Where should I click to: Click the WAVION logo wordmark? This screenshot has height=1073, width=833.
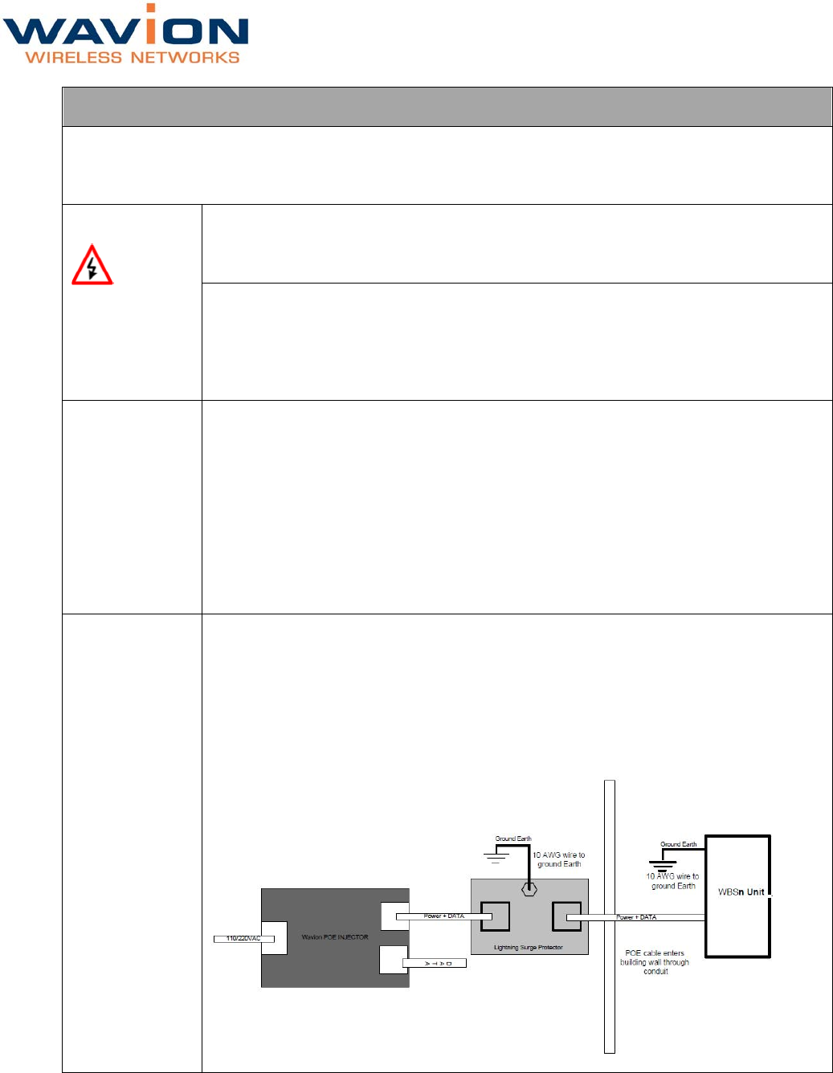click(125, 31)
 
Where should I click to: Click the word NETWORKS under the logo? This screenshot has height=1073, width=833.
click(185, 58)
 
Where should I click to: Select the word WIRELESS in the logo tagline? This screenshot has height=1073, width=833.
click(74, 58)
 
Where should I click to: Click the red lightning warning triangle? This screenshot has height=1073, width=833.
click(92, 266)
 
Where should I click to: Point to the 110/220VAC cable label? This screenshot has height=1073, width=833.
click(243, 938)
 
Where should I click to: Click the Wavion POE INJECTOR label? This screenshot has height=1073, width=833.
click(335, 937)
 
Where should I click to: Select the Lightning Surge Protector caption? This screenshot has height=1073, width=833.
click(528, 948)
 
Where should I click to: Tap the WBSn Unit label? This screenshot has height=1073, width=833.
click(741, 892)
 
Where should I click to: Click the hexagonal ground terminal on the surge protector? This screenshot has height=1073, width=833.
click(529, 889)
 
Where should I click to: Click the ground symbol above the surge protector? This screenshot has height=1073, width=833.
click(496, 856)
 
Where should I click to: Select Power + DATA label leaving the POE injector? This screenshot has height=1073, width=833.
click(443, 916)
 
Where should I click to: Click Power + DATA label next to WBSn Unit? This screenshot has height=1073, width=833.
click(636, 917)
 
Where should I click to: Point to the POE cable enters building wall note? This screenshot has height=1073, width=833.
click(655, 962)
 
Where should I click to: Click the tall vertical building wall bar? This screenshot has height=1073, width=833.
click(610, 916)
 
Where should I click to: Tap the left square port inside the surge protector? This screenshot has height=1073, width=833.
click(495, 916)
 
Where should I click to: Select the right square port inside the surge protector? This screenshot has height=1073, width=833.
click(566, 916)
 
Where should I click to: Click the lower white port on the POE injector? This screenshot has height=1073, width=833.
click(393, 960)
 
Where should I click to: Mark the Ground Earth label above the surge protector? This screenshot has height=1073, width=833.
click(513, 838)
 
